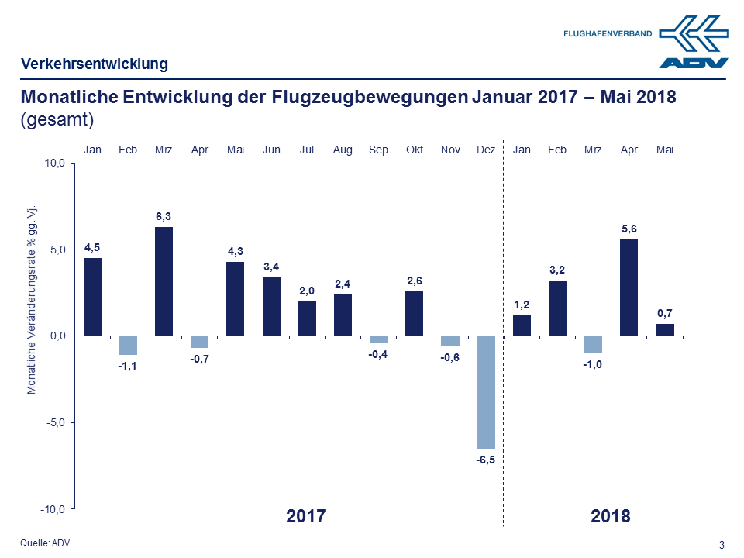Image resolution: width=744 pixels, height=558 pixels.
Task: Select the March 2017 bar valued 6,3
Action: point(164,281)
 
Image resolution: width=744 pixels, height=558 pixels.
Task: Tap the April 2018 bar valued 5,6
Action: point(629,288)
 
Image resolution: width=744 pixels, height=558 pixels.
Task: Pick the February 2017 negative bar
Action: point(128,345)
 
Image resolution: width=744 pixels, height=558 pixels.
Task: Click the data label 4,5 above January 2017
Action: point(92,247)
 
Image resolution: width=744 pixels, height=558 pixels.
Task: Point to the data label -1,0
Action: point(593,363)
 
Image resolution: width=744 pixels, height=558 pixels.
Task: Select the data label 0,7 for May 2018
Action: point(664,313)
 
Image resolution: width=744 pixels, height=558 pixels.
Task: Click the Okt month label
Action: point(415,150)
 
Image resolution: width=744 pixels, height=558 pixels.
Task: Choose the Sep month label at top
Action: point(379,150)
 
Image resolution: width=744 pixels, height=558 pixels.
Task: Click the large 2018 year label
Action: point(610,516)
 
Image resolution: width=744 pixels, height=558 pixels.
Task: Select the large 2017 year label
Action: point(306,516)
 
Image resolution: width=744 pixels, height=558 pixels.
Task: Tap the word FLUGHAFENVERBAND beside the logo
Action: point(607,33)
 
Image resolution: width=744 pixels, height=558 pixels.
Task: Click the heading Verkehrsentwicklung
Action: point(95,64)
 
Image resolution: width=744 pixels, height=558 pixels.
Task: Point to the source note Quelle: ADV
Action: point(45,543)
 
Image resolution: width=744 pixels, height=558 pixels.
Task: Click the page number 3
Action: point(722,544)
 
